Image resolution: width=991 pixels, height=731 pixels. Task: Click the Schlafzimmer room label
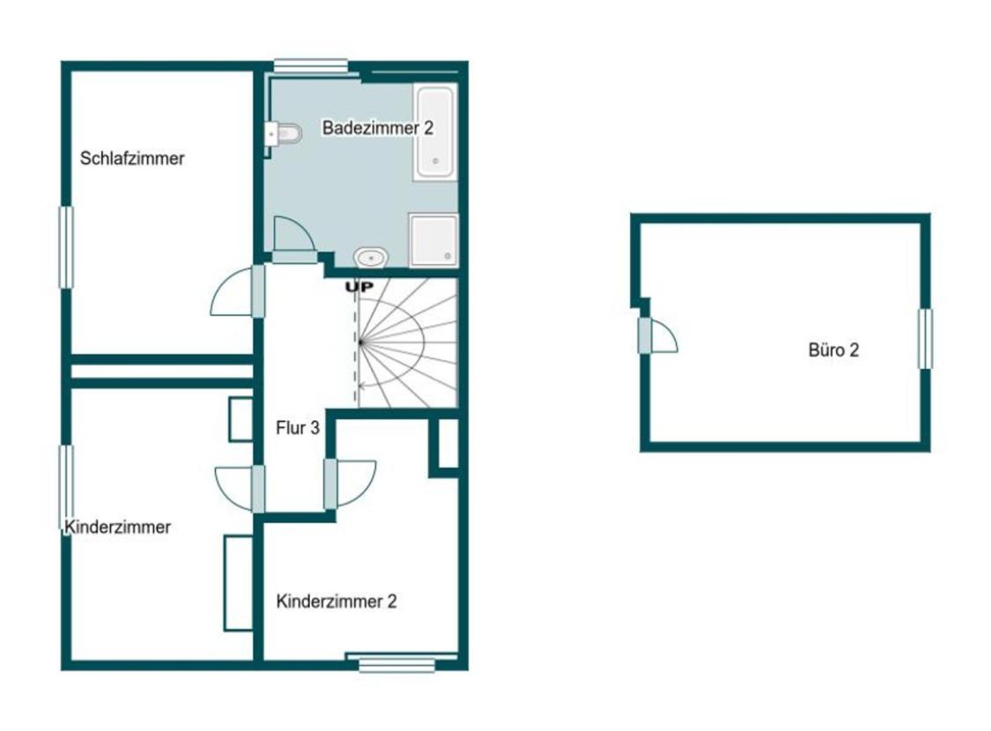pos(132,158)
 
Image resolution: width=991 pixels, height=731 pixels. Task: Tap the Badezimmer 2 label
pos(378,128)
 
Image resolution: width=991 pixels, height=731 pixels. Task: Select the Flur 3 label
pos(298,428)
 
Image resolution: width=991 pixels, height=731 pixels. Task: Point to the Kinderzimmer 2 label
pos(336,601)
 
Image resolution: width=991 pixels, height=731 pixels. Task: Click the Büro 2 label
pos(833,350)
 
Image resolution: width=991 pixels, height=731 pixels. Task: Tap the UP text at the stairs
pos(359,287)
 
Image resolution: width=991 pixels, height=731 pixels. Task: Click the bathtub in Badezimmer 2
pos(435,132)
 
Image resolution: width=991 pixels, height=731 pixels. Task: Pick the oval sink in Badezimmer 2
pos(371,257)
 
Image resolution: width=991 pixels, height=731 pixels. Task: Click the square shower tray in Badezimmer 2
pos(433,240)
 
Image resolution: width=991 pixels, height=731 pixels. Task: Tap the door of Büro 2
pos(657,336)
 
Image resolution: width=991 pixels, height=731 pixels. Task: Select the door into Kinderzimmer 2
pos(350,484)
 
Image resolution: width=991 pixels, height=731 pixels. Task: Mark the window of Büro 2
pos(925,339)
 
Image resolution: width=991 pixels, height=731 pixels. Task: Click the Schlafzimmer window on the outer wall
pos(66,247)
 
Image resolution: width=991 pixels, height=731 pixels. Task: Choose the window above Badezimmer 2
pos(310,66)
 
